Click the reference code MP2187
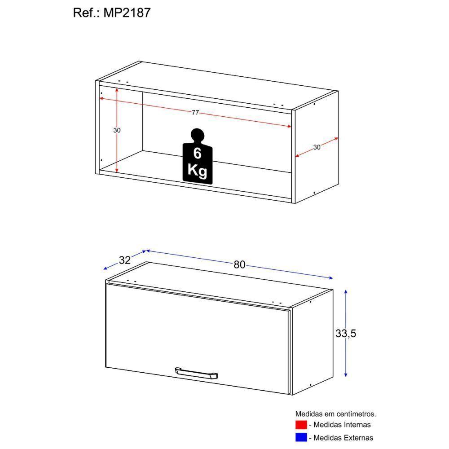click(128, 13)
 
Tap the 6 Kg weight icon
click(197, 157)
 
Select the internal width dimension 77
click(195, 113)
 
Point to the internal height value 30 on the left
click(117, 130)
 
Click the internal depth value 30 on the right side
click(317, 147)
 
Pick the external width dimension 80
click(239, 264)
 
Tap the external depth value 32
click(125, 260)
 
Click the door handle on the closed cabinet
click(196, 373)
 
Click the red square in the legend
click(300, 425)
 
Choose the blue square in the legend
click(300, 437)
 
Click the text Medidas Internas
click(342, 425)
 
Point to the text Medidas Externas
click(343, 437)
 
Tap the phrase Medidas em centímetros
click(335, 414)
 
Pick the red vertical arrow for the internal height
click(117, 153)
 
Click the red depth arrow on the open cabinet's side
click(305, 152)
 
